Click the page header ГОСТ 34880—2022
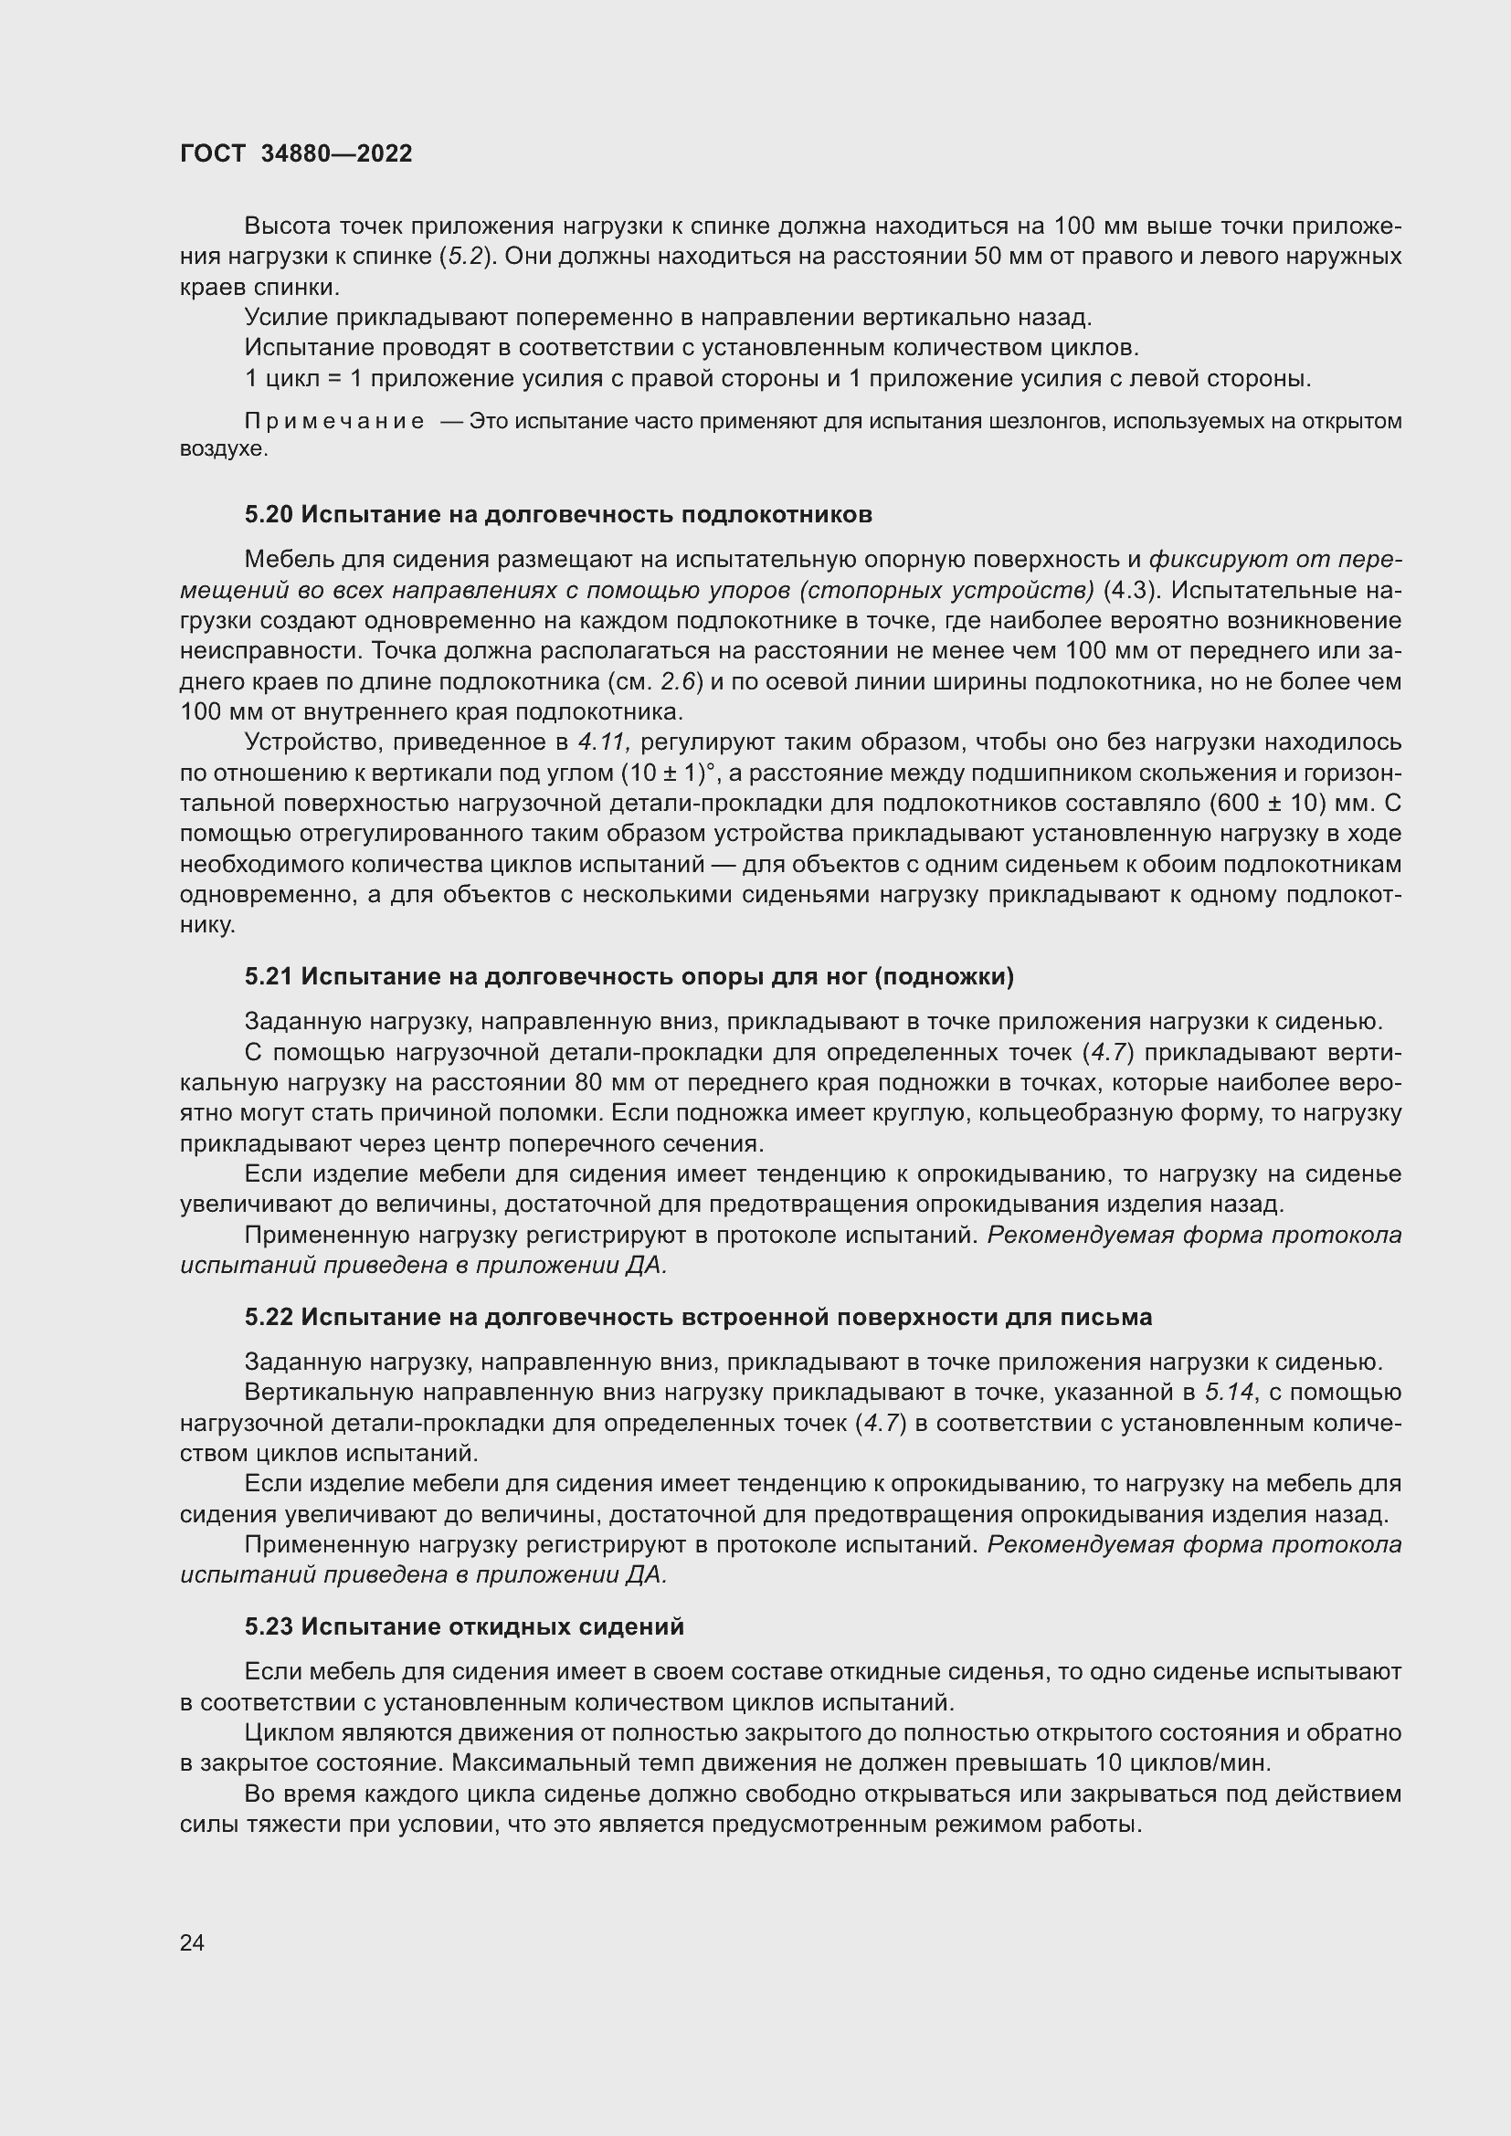click(296, 153)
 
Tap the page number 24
click(192, 1942)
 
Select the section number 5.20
click(269, 514)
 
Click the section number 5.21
click(269, 977)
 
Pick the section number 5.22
click(269, 1318)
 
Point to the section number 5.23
click(269, 1627)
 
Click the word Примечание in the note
click(334, 421)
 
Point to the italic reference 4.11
click(605, 742)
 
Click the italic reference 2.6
click(679, 682)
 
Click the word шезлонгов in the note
click(1046, 421)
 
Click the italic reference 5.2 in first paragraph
click(468, 257)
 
